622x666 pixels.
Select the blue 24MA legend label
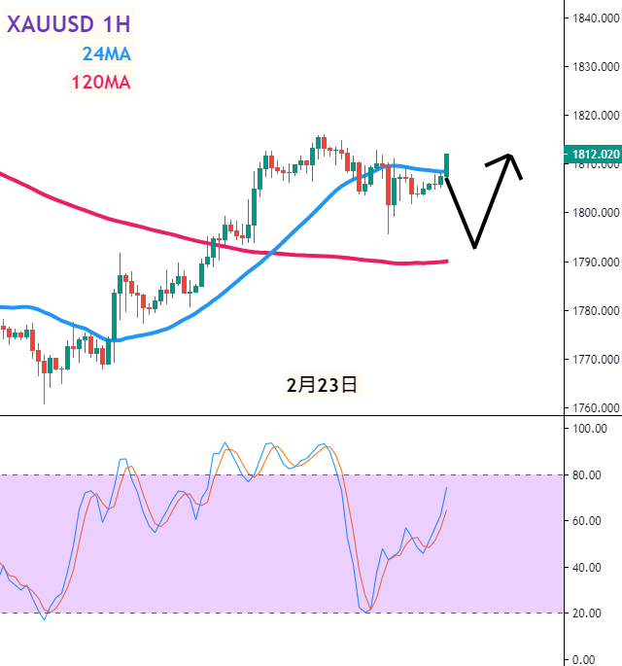click(107, 53)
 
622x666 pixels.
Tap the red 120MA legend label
click(101, 82)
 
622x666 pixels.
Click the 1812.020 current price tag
click(592, 155)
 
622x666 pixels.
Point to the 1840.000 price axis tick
click(595, 18)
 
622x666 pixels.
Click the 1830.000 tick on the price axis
click(595, 67)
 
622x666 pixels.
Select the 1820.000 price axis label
click(595, 116)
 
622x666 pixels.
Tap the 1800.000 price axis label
click(595, 213)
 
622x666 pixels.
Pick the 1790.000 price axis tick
click(595, 263)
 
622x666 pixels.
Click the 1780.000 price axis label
click(595, 311)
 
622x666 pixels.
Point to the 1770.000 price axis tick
click(595, 360)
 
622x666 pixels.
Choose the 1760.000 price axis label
click(595, 408)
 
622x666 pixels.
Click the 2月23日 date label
click(322, 385)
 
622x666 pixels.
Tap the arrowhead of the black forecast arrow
click(510, 157)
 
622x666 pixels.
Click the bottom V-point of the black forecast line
click(474, 246)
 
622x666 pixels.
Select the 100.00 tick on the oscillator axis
click(589, 428)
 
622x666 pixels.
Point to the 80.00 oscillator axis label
click(589, 474)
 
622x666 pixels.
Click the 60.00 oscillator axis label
click(589, 520)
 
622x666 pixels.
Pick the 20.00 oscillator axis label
click(589, 613)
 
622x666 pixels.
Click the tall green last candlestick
click(447, 164)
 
